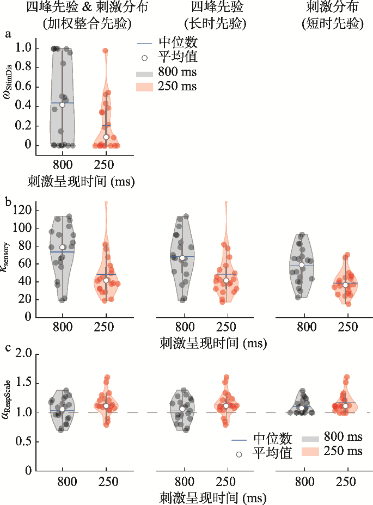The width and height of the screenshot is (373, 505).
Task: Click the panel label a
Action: tap(8, 34)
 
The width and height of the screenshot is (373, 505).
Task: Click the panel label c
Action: tap(8, 348)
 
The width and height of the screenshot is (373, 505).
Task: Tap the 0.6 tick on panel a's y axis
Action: tap(24, 87)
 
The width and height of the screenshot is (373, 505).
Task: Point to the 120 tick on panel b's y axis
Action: tap(22, 210)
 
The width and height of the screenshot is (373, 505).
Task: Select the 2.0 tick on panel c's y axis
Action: tap(24, 354)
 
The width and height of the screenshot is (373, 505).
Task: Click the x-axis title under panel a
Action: tap(81, 182)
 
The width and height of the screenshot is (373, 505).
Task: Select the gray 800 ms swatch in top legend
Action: tap(144, 73)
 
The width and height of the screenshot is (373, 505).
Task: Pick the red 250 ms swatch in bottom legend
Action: tap(310, 452)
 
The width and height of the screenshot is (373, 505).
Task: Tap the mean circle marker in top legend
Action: tap(144, 58)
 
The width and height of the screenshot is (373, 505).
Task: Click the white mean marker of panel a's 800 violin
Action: tap(62, 104)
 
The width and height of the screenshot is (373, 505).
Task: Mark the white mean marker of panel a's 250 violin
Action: tap(106, 137)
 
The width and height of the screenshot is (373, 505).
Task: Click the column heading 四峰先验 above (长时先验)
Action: tap(217, 7)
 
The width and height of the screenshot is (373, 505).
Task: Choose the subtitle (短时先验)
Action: tap(332, 23)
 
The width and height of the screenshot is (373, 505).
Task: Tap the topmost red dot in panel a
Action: tap(106, 51)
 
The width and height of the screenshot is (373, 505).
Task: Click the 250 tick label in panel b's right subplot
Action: tap(347, 327)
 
